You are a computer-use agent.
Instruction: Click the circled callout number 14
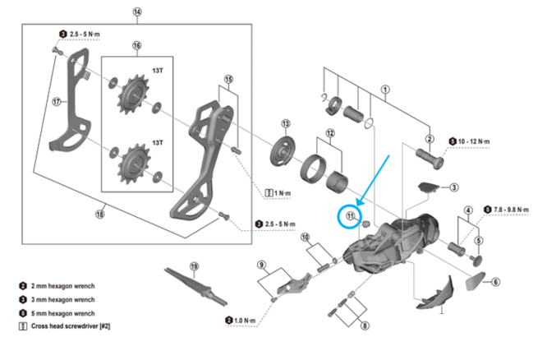click(136, 12)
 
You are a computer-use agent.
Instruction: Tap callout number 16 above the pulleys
click(136, 45)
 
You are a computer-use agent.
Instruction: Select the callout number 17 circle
click(57, 103)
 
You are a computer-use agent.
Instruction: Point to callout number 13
click(286, 123)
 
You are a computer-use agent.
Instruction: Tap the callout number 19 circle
click(195, 266)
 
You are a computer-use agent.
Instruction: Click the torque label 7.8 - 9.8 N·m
click(513, 209)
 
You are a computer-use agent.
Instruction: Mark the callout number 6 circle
click(496, 282)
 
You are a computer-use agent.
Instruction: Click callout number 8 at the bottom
click(365, 325)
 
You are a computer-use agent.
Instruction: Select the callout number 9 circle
click(261, 265)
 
